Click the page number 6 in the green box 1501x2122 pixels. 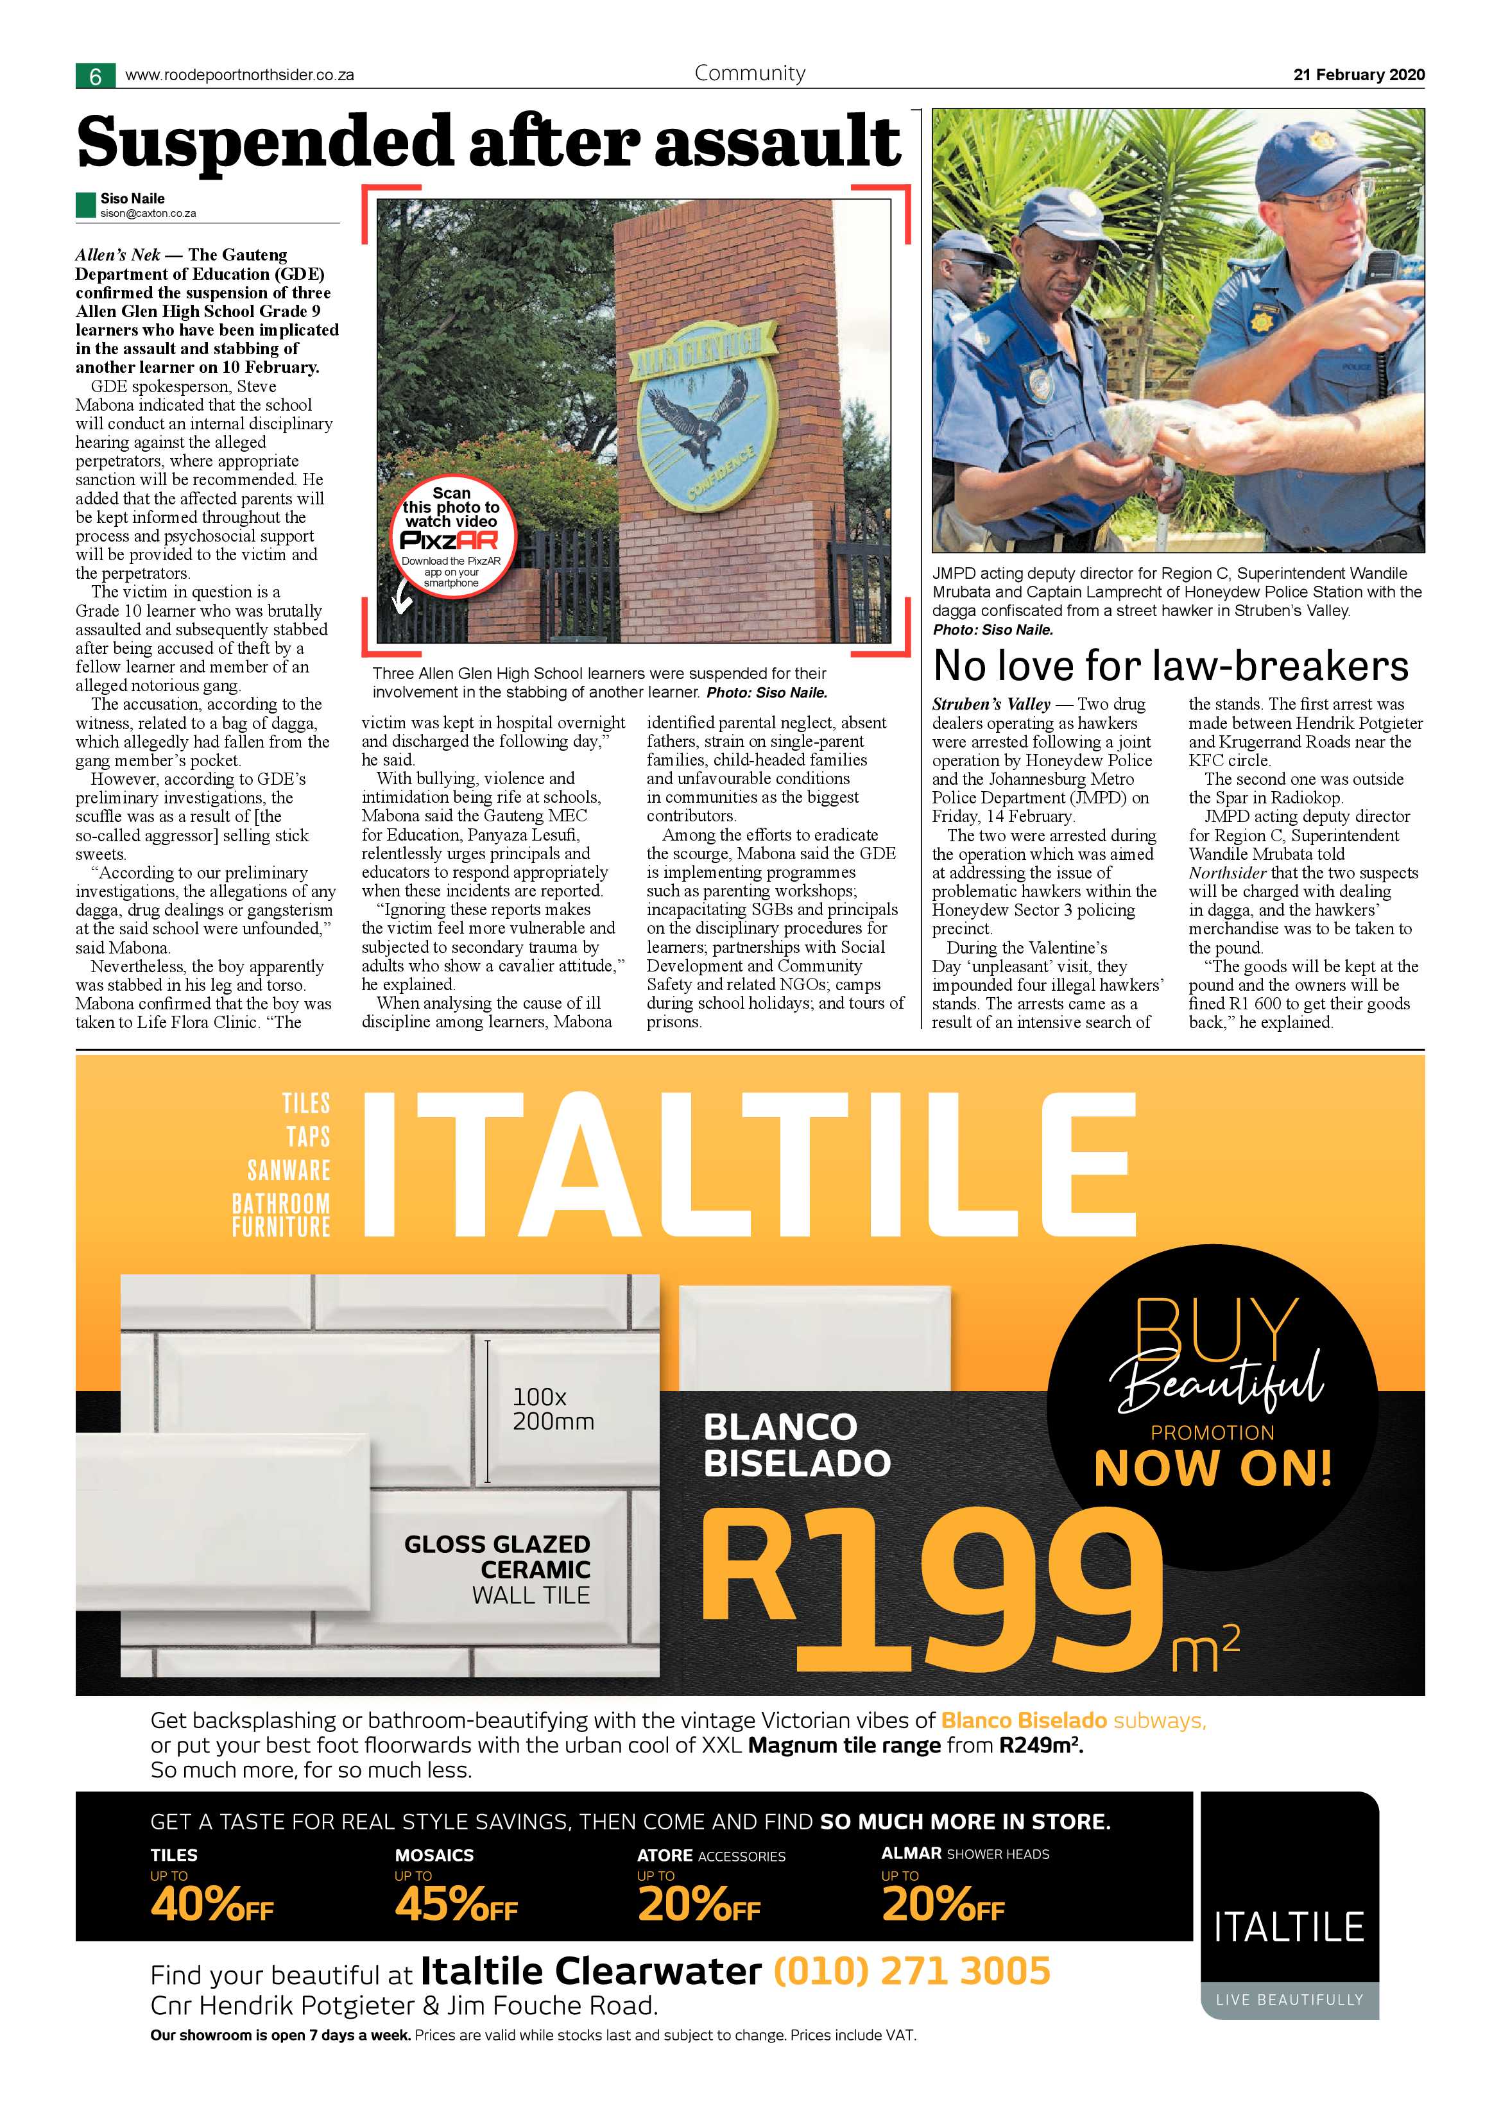point(95,76)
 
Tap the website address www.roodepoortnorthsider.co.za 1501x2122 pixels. point(239,76)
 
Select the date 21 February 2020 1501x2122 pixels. point(1359,75)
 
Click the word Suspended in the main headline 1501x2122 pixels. point(263,142)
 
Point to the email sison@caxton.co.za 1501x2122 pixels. point(148,214)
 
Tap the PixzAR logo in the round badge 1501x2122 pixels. point(450,541)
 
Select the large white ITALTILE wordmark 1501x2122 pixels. point(749,1167)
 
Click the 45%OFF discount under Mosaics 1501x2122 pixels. point(456,1905)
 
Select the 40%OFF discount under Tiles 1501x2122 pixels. point(212,1905)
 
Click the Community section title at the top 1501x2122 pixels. point(750,73)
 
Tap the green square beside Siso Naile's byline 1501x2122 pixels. point(86,204)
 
